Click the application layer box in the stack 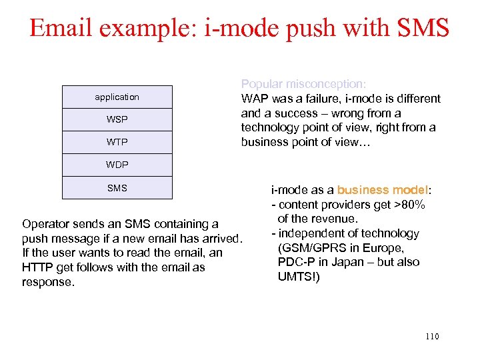pyautogui.click(x=117, y=97)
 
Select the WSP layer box pyautogui.click(x=117, y=120)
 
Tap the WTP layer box pyautogui.click(x=117, y=143)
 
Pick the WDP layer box pyautogui.click(x=117, y=165)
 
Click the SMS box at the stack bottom pyautogui.click(x=117, y=188)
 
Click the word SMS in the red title pyautogui.click(x=423, y=27)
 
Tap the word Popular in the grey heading pyautogui.click(x=262, y=85)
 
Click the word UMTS pyautogui.click(x=296, y=277)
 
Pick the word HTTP pyautogui.click(x=37, y=267)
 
